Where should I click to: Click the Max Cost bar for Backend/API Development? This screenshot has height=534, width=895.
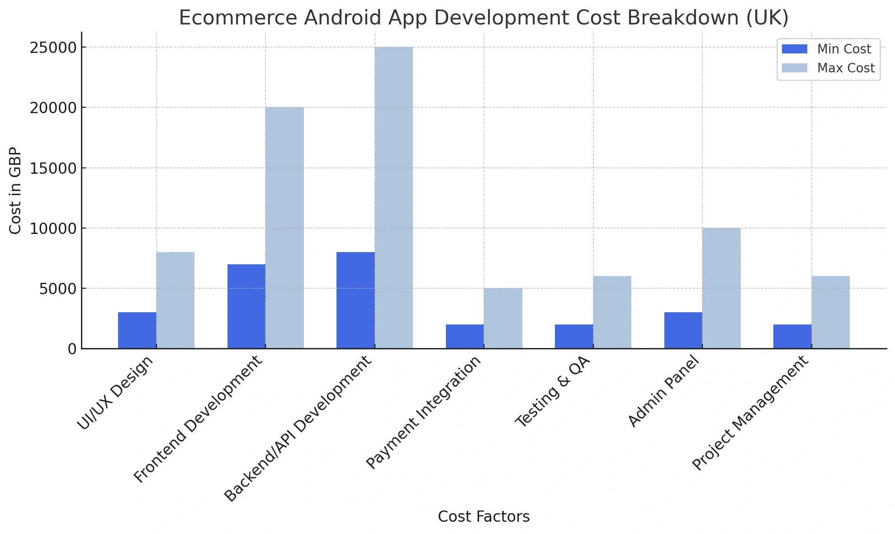pos(393,198)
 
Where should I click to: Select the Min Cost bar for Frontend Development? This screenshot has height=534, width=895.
pos(246,306)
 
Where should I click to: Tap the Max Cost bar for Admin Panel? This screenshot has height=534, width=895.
pos(721,288)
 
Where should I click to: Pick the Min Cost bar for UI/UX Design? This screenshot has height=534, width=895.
pos(137,330)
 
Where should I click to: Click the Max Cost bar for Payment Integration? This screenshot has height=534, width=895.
pos(503,318)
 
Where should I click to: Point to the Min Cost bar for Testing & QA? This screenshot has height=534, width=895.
pos(574,336)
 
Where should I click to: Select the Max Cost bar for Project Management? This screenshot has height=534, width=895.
pos(830,312)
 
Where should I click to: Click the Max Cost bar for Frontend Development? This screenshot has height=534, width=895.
pos(284,228)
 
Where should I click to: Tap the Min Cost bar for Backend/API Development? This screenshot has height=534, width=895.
pos(355,300)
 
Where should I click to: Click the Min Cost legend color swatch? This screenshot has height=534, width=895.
pos(794,49)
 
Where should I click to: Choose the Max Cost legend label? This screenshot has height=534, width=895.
pos(846,68)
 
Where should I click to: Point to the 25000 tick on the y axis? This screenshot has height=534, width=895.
pos(53,48)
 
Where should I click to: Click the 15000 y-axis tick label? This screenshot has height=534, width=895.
pos(53,168)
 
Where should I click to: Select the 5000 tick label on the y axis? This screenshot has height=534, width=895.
pos(57,289)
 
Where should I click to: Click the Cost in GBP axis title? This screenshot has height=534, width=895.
pos(15,191)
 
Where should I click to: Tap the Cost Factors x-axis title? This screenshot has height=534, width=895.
pos(483,516)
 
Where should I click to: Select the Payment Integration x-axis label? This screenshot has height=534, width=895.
pos(423,412)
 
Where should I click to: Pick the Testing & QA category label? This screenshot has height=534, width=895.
pos(553,392)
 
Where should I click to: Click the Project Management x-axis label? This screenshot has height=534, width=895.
pos(750,413)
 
